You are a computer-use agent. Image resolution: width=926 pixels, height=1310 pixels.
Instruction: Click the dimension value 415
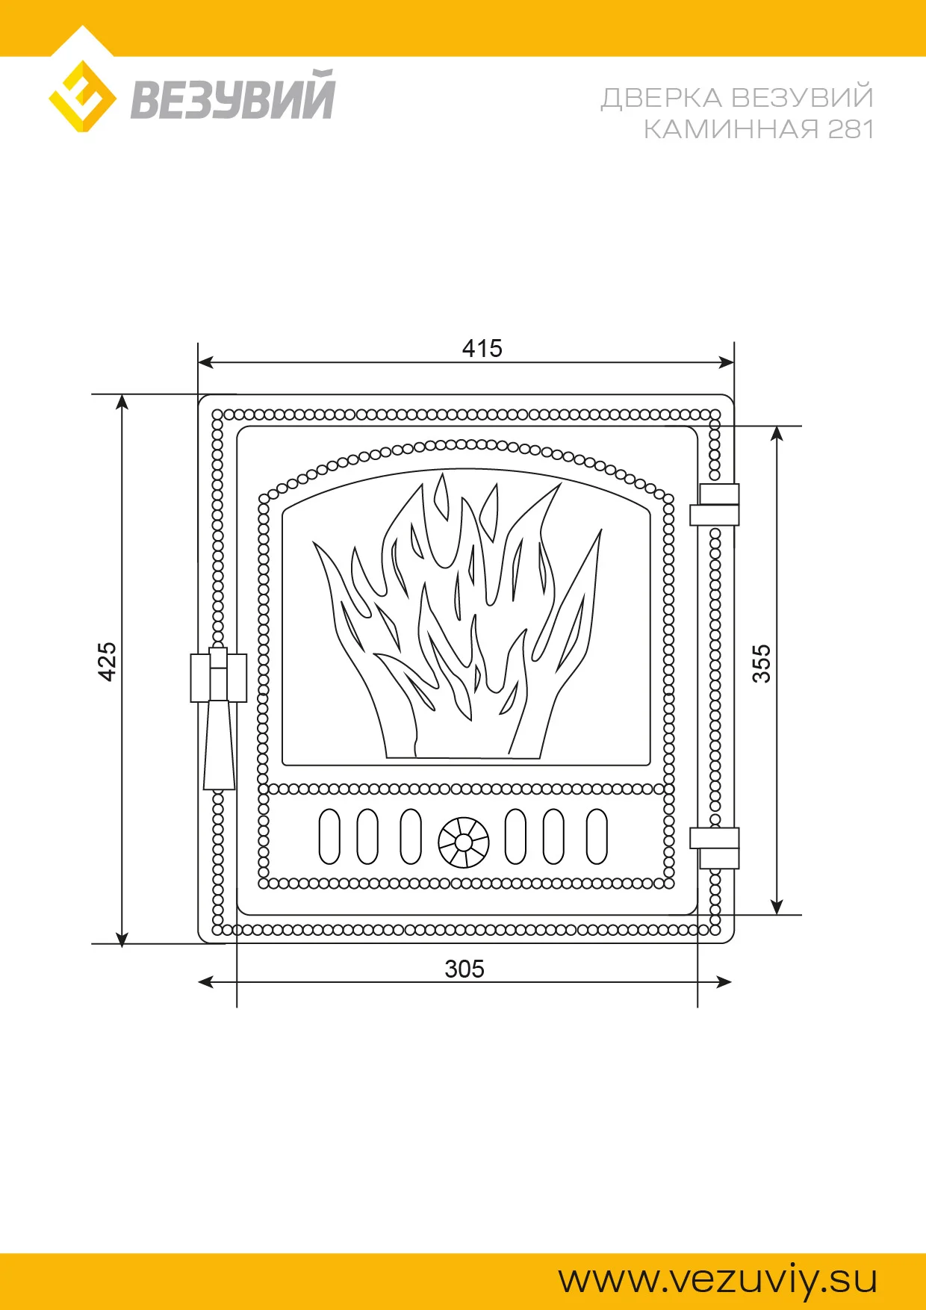click(x=482, y=348)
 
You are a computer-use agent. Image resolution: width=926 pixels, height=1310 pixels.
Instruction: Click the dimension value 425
click(x=108, y=662)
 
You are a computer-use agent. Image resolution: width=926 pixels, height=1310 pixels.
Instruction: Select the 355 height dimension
click(x=761, y=664)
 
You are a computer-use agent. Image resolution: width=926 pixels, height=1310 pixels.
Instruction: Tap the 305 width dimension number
click(x=464, y=969)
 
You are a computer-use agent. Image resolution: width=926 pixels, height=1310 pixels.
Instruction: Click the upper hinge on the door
click(x=714, y=505)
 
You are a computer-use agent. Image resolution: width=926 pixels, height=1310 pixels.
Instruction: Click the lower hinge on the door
click(x=714, y=848)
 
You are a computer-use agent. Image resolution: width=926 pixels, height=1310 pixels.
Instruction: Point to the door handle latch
click(x=219, y=717)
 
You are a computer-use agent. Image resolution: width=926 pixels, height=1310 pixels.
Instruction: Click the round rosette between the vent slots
click(x=463, y=842)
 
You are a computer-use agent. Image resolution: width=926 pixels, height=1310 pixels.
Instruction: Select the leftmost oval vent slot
click(x=329, y=836)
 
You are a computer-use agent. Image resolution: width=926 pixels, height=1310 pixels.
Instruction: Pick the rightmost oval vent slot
click(x=597, y=836)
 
